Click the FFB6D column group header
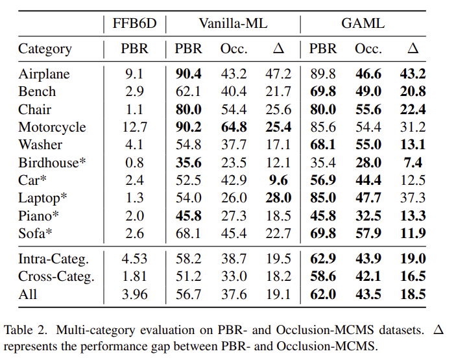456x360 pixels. coord(134,23)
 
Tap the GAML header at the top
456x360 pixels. coord(363,23)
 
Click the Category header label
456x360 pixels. coord(45,49)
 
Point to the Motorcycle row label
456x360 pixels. coord(52,127)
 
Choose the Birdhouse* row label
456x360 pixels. coord(52,162)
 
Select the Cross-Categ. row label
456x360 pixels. coord(56,276)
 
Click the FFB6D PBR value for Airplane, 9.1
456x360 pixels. coord(134,74)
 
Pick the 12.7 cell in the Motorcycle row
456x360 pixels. coord(134,127)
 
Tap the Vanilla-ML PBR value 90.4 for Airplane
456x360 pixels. coord(188,74)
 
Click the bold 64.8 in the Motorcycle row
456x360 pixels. coord(234,127)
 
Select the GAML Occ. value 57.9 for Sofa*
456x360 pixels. coord(367,234)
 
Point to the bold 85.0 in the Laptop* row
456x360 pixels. coord(322,198)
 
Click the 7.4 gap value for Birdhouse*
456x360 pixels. coord(413,162)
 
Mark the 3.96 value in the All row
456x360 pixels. coord(134,294)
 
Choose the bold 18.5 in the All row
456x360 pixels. coord(413,294)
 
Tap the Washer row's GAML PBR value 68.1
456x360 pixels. coord(322,145)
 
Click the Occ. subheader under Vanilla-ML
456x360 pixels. coord(234,49)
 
